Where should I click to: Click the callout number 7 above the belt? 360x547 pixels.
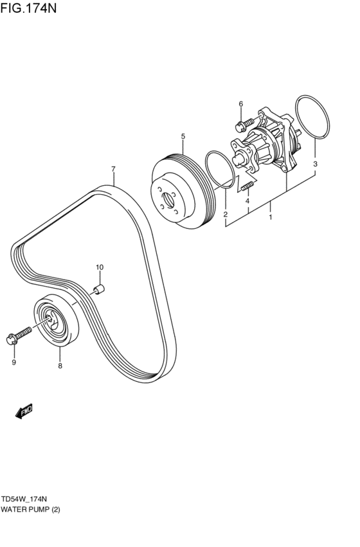pyautogui.click(x=113, y=170)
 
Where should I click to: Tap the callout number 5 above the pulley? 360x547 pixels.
pyautogui.click(x=183, y=136)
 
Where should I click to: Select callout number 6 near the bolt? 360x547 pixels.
pyautogui.click(x=241, y=103)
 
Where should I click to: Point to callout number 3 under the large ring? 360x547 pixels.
pyautogui.click(x=316, y=165)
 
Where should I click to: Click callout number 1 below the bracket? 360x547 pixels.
pyautogui.click(x=271, y=217)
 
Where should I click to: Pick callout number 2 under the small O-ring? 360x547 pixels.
pyautogui.click(x=226, y=214)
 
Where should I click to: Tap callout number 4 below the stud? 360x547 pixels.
pyautogui.click(x=248, y=201)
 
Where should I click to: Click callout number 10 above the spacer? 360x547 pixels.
pyautogui.click(x=100, y=267)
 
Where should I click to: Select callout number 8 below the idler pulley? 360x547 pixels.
pyautogui.click(x=60, y=366)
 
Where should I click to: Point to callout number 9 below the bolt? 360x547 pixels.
pyautogui.click(x=14, y=362)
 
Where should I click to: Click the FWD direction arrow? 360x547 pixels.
pyautogui.click(x=25, y=412)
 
